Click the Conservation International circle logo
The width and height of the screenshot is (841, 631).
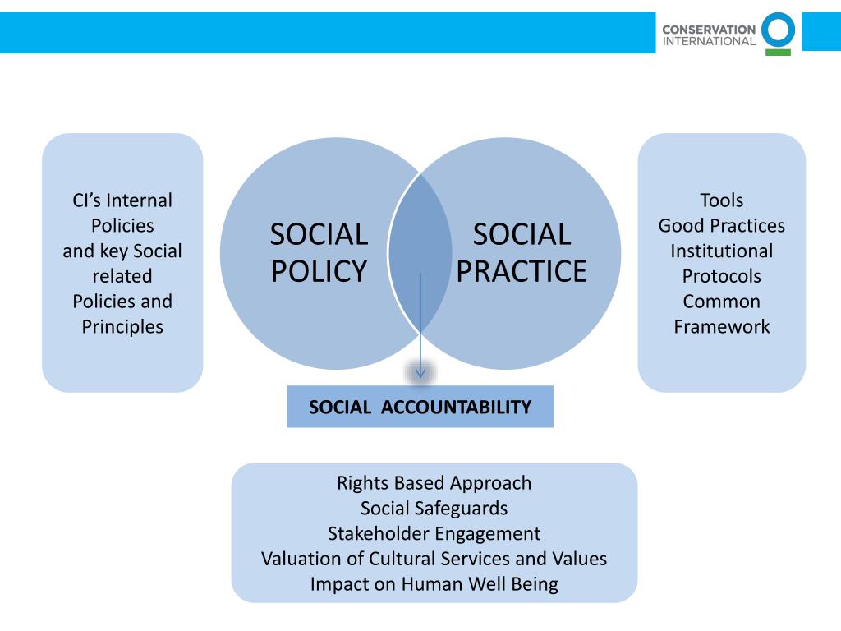778,30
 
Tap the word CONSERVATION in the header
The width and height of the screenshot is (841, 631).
709,29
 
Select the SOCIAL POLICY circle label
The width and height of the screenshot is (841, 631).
319,252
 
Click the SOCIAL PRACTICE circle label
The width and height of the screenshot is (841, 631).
522,252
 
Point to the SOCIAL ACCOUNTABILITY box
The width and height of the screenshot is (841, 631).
420,407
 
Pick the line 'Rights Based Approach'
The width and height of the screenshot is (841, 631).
434,482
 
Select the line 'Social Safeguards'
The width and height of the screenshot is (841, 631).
434,508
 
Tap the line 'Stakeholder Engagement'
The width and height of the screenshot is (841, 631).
434,533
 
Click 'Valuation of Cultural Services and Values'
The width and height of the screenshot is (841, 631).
434,559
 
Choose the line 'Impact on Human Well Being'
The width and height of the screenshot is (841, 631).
434,584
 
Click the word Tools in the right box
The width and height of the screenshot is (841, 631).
721,200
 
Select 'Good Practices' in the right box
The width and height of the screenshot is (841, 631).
721,225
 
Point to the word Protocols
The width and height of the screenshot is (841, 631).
721,276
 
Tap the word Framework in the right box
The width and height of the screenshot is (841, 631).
721,326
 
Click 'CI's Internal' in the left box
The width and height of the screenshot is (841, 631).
122,200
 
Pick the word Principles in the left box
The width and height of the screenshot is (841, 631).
122,326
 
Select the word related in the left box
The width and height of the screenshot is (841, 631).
122,276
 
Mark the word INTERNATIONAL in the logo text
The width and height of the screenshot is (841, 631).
709,40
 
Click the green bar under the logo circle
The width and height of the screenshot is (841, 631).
778,52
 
